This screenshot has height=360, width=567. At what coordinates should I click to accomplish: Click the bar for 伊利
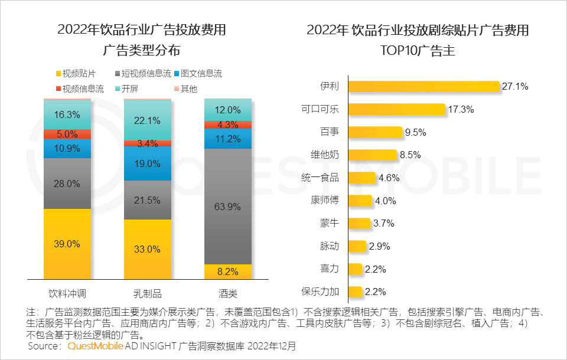[424, 86]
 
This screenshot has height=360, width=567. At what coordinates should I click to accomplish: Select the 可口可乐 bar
[396, 109]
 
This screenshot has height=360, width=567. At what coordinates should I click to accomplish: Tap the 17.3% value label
[461, 110]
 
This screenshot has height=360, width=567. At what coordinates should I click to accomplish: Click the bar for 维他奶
[373, 155]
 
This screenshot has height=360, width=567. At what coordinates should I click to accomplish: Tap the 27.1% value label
[514, 87]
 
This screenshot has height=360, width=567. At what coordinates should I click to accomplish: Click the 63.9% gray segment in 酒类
[228, 207]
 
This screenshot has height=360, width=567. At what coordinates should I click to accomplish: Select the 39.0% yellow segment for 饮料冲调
[67, 244]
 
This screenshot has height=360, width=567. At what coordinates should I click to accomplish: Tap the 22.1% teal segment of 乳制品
[148, 120]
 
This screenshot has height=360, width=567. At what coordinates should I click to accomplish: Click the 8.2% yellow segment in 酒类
[228, 271]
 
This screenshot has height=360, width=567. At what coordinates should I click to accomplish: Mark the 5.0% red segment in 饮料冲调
[67, 134]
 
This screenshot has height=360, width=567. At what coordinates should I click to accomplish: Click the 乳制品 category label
[148, 293]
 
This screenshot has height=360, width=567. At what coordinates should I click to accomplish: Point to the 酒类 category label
[228, 293]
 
